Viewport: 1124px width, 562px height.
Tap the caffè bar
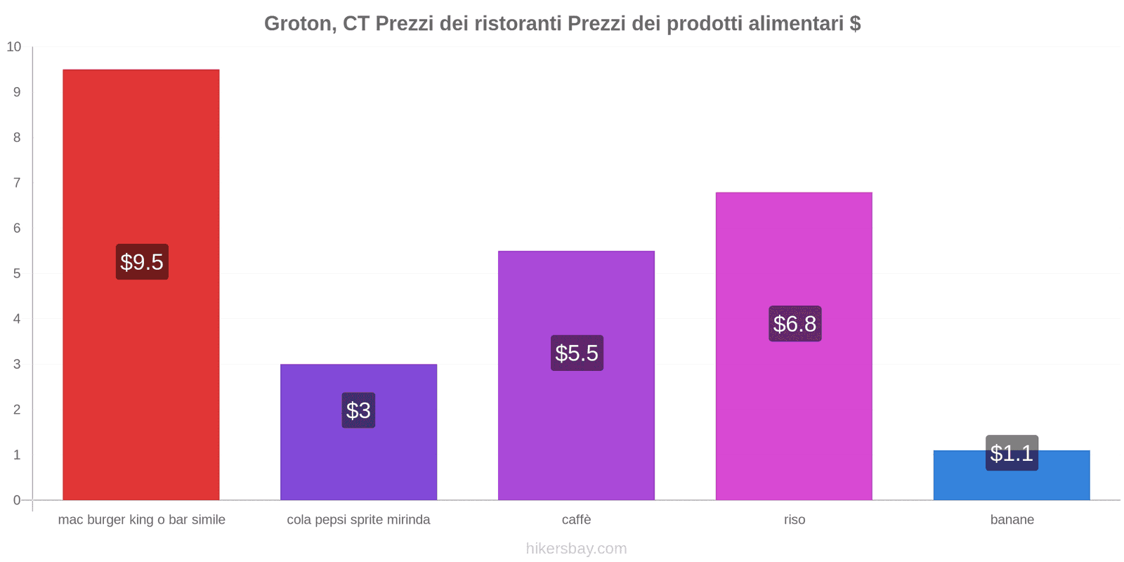576,295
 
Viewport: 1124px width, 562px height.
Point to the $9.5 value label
142,262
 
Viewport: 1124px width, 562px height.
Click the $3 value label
358,410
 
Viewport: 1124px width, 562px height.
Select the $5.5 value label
577,353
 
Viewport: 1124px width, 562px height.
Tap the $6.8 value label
795,324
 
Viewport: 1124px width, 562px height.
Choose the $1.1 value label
1012,453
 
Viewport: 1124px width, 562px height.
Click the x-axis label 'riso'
795,520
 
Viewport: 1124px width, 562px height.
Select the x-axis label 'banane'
1012,520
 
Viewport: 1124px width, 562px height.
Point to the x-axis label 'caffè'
576,520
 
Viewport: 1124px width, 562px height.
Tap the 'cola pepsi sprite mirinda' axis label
358,520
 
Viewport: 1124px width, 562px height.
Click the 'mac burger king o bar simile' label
141,520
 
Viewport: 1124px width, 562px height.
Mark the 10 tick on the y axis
14,47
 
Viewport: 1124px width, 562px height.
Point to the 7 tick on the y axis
17,183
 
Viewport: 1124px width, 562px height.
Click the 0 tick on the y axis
17,500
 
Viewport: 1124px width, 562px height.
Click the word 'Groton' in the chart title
298,24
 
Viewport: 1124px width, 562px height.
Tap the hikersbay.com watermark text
576,549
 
